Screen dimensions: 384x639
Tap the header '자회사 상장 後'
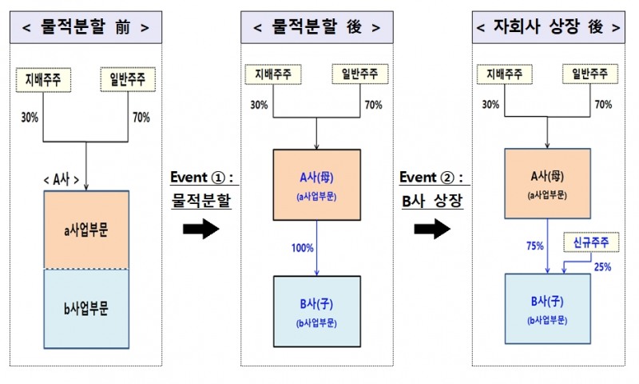click(x=547, y=27)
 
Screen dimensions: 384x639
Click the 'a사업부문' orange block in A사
click(x=87, y=229)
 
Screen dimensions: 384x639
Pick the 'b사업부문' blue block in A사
click(x=87, y=308)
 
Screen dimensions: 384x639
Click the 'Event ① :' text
click(x=200, y=177)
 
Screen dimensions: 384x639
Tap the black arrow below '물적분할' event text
click(x=200, y=230)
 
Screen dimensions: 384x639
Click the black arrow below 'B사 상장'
click(x=431, y=230)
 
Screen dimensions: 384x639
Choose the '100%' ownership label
click(x=302, y=249)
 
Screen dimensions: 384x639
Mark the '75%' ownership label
click(x=532, y=247)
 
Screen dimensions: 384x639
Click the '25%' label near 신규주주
click(x=601, y=266)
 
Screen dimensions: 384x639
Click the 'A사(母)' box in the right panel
click(x=548, y=183)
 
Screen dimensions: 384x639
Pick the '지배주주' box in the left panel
click(x=44, y=80)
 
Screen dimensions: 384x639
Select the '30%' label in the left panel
click(x=30, y=117)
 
